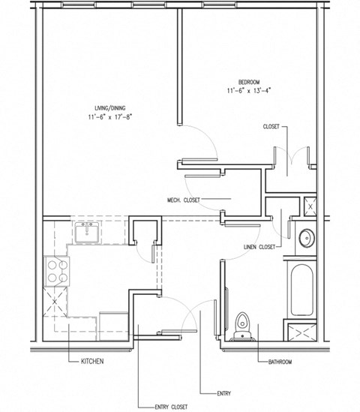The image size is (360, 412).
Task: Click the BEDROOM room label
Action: [248, 81]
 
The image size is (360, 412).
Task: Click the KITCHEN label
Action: [92, 362]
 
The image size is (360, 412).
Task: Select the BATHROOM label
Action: [280, 362]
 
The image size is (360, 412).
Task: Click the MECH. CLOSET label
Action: [183, 200]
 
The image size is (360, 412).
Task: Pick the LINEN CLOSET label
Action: [259, 246]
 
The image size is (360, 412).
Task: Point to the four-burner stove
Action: [57, 270]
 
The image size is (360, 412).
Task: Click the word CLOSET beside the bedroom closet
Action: [270, 127]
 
